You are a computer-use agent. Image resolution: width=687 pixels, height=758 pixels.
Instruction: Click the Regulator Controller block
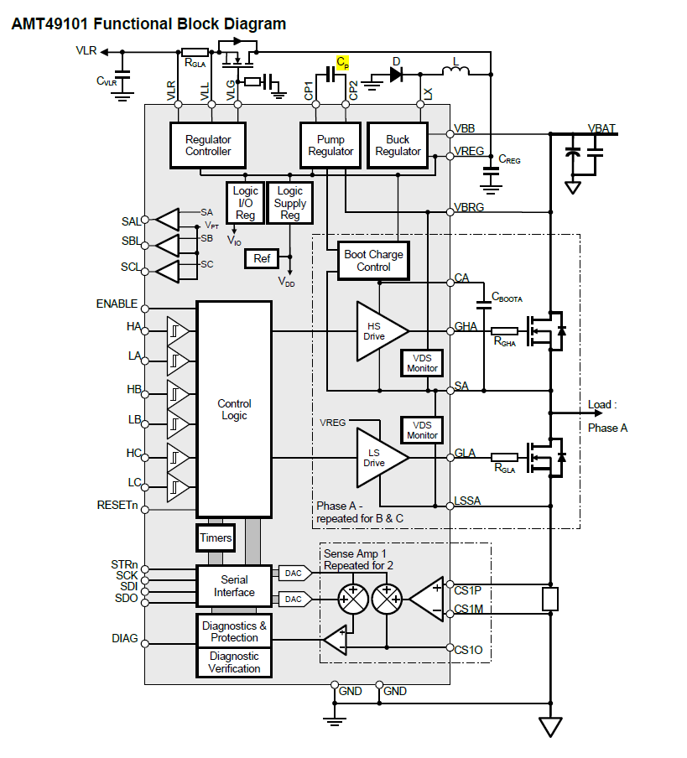point(208,145)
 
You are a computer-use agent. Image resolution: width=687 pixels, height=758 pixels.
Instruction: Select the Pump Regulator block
point(330,145)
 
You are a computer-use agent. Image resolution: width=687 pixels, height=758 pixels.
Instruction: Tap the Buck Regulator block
point(398,145)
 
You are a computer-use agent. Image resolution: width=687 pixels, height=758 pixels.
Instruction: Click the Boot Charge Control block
point(373,261)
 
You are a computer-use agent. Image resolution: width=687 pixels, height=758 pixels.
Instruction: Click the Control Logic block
point(234,409)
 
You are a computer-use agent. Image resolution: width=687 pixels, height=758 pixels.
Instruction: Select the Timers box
point(216,537)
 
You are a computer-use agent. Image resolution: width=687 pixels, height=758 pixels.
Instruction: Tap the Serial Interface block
point(234,586)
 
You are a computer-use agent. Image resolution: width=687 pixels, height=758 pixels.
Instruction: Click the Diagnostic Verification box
point(234,662)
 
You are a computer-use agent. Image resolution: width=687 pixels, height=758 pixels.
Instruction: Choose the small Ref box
point(262,258)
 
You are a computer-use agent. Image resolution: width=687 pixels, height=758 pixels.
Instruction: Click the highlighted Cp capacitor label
point(342,62)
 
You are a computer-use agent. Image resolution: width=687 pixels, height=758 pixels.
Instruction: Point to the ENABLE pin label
point(117,304)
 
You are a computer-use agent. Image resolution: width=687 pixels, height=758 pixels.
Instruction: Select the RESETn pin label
point(117,505)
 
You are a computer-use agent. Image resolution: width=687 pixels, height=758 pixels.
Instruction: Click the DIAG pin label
point(124,639)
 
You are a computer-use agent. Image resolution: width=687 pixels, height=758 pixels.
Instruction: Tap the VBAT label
point(601,128)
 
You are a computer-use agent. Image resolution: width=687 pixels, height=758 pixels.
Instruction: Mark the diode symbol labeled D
point(396,75)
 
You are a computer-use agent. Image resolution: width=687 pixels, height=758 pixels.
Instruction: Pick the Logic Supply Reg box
point(289,203)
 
